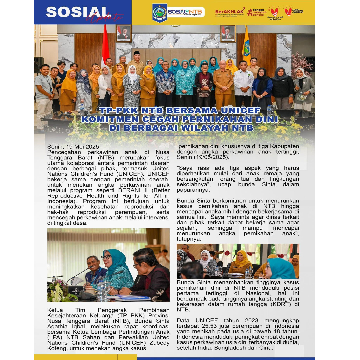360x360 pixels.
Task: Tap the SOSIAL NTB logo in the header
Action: [186, 12]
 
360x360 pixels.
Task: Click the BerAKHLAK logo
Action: [229, 12]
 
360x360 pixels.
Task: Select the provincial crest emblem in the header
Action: [160, 12]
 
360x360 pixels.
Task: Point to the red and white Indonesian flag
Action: [105, 45]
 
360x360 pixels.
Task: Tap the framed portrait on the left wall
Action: [123, 33]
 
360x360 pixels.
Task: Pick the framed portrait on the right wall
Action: [228, 33]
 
